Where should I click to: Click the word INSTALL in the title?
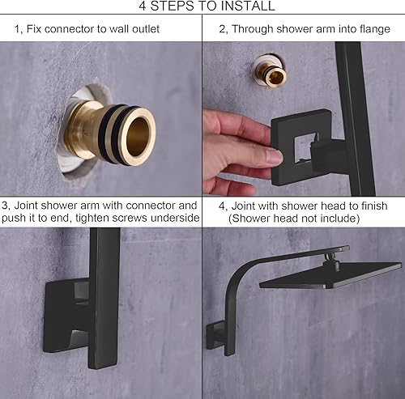click(246, 6)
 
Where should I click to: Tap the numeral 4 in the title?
click(143, 6)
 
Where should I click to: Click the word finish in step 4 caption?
click(373, 206)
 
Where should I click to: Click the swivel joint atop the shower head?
click(331, 261)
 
